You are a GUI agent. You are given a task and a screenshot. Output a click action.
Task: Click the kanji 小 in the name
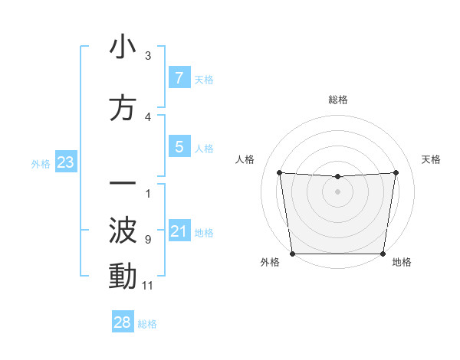pyautogui.click(x=123, y=47)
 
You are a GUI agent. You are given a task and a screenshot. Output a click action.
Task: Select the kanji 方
pyautogui.click(x=123, y=110)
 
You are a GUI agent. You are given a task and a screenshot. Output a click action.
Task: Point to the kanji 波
pyautogui.click(x=123, y=230)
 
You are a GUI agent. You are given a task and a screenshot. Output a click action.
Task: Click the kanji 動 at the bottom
pyautogui.click(x=123, y=277)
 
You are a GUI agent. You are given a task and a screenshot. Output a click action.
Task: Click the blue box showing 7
pyautogui.click(x=179, y=78)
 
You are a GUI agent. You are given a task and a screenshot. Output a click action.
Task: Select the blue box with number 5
pyautogui.click(x=179, y=147)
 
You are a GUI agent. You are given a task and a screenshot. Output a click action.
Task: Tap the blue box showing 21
pyautogui.click(x=179, y=231)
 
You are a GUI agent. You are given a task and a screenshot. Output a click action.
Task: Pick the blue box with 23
pyautogui.click(x=65, y=162)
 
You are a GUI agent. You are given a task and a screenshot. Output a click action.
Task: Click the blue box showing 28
pyautogui.click(x=123, y=322)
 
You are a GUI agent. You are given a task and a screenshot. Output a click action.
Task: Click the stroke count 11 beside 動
pyautogui.click(x=148, y=286)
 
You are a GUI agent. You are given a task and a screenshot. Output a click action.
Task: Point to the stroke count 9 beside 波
pyautogui.click(x=148, y=240)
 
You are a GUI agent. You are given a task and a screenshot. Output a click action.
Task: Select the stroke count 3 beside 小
pyautogui.click(x=148, y=56)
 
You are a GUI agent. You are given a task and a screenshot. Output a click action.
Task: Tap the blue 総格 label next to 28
pyautogui.click(x=147, y=324)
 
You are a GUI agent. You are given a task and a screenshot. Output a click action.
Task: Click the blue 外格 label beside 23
pyautogui.click(x=41, y=163)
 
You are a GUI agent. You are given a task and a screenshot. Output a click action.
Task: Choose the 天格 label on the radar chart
pyautogui.click(x=431, y=159)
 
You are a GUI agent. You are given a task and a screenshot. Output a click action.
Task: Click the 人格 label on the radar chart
pyautogui.click(x=245, y=159)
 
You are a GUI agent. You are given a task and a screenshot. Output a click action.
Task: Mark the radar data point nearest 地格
pyautogui.click(x=383, y=254)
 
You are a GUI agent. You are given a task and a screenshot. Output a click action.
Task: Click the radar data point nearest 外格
pyautogui.click(x=293, y=254)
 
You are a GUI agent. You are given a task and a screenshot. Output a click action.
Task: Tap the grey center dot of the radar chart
pyautogui.click(x=337, y=191)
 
